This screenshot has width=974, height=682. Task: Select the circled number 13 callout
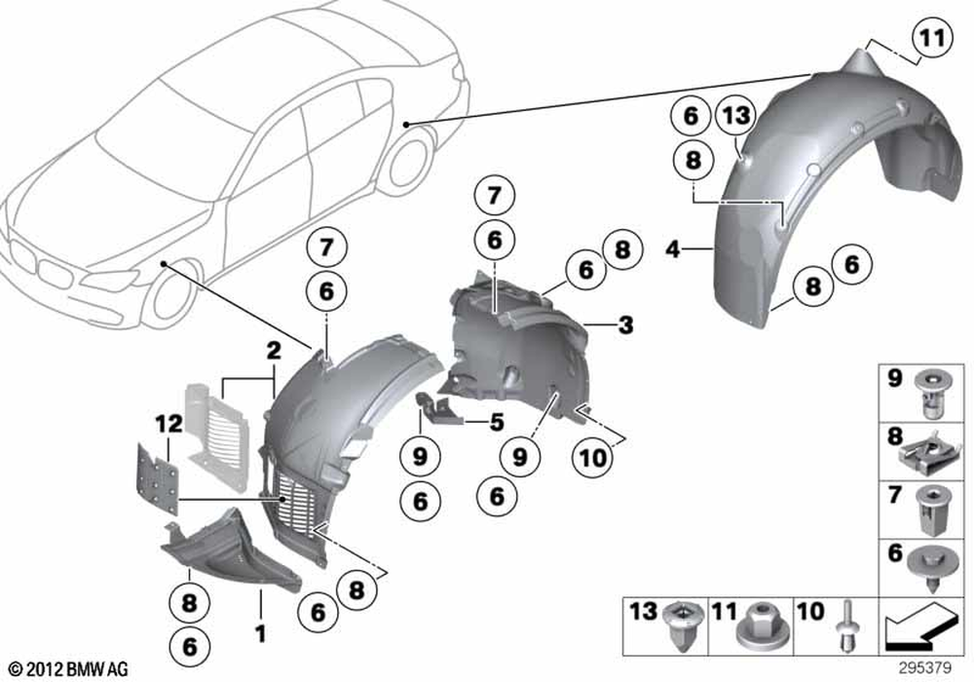pos(736,116)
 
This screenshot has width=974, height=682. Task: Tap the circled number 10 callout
pos(592,458)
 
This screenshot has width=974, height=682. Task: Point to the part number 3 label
pos(625,324)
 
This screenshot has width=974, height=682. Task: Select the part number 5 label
pos(497,423)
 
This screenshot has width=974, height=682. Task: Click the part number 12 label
pos(169,424)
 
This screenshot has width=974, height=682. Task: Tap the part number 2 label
pos(274,351)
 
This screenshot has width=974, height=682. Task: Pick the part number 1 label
pos(261,633)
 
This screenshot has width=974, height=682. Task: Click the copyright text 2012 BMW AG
pos(68,669)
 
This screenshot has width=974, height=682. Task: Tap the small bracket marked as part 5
pos(439,408)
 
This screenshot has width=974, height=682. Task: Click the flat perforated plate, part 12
pos(158,478)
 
